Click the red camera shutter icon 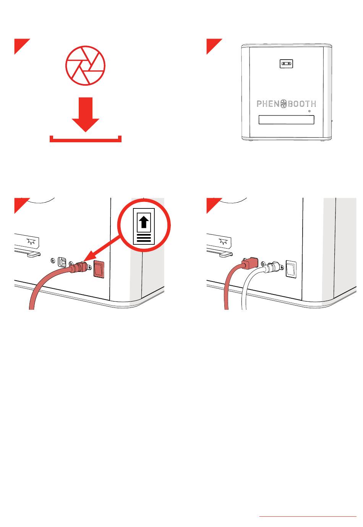click(x=85, y=65)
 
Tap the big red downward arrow click(x=85, y=114)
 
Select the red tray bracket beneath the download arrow click(x=85, y=141)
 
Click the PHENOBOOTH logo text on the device click(x=286, y=104)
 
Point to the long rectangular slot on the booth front click(x=286, y=120)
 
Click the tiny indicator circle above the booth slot click(x=309, y=111)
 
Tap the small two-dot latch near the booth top click(x=286, y=63)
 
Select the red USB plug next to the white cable click(x=250, y=263)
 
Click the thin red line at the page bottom click(x=308, y=516)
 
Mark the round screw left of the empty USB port click(x=53, y=260)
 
